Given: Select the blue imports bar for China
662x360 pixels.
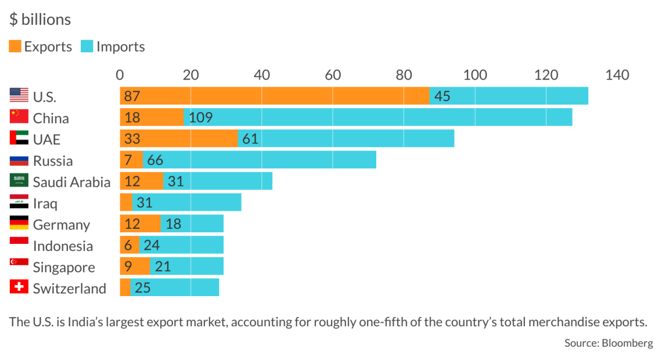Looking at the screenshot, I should click(x=378, y=117).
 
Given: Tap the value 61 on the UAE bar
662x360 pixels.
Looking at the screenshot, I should click(x=250, y=139).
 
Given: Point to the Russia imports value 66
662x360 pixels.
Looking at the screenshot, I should click(x=155, y=160).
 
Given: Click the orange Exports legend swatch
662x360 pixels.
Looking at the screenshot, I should click(x=15, y=46).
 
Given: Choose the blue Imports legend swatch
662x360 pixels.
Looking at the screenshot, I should click(x=88, y=46).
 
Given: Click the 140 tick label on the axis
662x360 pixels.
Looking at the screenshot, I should click(x=617, y=75).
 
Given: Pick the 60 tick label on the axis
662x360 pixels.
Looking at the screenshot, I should click(x=333, y=75).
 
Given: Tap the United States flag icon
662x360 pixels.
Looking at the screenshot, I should click(x=19, y=95).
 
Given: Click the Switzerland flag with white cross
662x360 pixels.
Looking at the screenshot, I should click(x=19, y=287).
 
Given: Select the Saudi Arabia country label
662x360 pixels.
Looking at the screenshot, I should click(x=71, y=182).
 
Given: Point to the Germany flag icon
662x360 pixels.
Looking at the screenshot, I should click(x=19, y=224).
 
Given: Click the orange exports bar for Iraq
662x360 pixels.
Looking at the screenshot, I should click(x=126, y=203).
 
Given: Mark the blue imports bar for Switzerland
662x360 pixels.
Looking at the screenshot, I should click(x=175, y=287).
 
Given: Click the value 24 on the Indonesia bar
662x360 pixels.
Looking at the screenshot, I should click(x=152, y=245).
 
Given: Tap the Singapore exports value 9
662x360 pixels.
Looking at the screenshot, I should click(x=128, y=267).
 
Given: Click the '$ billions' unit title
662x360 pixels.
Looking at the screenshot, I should click(x=40, y=20).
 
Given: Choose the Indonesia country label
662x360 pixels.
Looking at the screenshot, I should click(x=63, y=246).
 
